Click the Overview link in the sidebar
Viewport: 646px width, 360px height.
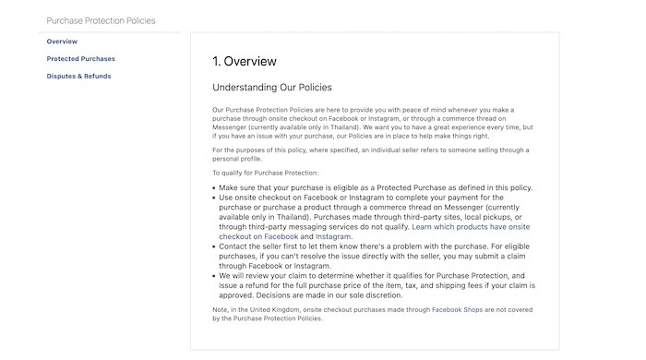click(x=62, y=42)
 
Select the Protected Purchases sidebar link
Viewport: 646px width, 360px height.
click(x=80, y=59)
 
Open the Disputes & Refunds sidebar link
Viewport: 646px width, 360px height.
click(x=78, y=77)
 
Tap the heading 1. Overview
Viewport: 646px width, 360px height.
click(x=245, y=62)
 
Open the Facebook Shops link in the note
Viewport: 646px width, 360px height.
click(x=461, y=310)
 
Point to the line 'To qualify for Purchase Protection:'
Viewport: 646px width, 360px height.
click(x=265, y=174)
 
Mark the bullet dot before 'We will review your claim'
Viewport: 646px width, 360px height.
click(x=213, y=275)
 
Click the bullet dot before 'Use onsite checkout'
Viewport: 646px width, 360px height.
click(x=213, y=198)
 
